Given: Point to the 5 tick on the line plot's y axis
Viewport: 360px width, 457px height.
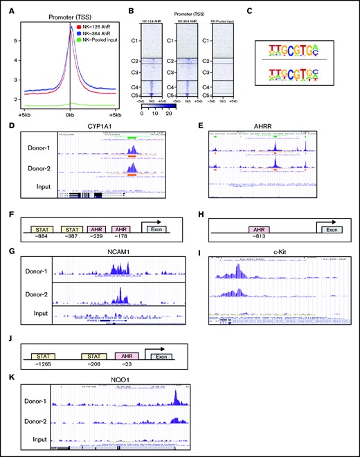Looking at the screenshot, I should (x=24, y=41).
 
